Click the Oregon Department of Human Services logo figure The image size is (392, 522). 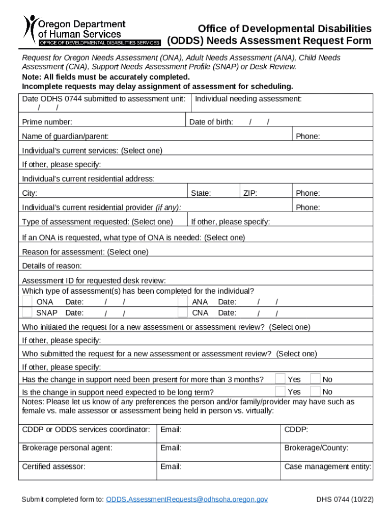point(31,29)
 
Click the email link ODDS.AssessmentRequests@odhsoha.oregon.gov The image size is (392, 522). point(187,499)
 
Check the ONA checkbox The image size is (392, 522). point(27,302)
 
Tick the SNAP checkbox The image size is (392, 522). point(27,312)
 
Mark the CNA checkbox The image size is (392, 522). point(183,312)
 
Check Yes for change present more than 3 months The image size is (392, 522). point(280,379)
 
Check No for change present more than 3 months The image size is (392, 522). point(315,379)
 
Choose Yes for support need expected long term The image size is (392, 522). point(280,391)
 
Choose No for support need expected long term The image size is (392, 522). point(315,391)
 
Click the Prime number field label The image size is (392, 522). point(47,122)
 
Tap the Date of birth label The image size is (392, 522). point(211,122)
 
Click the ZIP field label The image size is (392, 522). point(250,193)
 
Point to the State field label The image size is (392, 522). point(201,193)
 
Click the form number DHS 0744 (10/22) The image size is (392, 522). point(345,499)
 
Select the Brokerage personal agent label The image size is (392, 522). point(67,448)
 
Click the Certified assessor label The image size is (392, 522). point(53,466)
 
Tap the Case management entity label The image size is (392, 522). point(327,466)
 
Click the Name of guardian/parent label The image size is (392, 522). point(65,137)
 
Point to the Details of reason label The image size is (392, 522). point(52,266)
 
